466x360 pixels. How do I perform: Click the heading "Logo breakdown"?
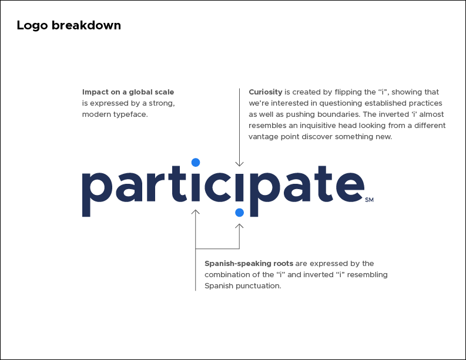tap(69, 25)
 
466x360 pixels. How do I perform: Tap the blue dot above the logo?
tap(196, 162)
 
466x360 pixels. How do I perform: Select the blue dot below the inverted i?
tap(239, 211)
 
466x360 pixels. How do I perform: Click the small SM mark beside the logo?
tap(369, 200)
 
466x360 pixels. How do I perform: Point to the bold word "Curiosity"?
tap(266, 92)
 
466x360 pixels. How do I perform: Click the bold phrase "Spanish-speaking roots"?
tap(249, 264)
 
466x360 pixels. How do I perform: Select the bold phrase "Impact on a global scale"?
tap(128, 92)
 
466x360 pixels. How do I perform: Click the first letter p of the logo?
tap(94, 191)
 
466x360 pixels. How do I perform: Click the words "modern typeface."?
tap(115, 115)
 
